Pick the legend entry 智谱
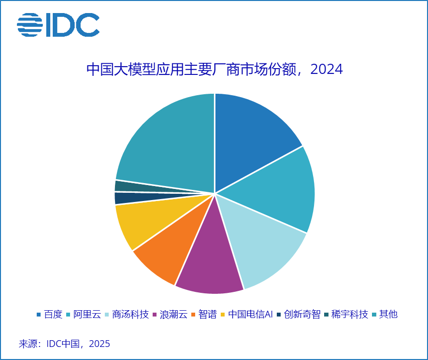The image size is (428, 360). coord(207,315)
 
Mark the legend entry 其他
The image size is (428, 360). coord(388,315)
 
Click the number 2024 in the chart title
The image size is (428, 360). coord(327,70)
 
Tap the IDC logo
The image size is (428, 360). coord(58,24)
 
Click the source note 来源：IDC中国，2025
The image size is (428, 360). coord(64,344)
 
